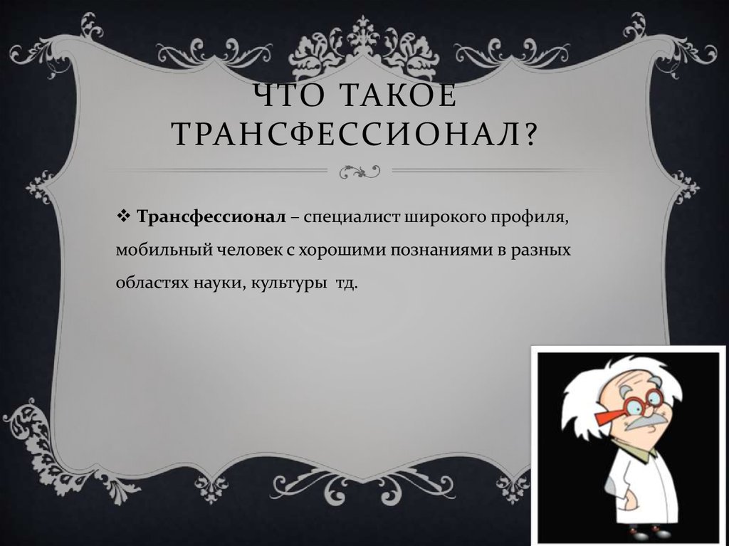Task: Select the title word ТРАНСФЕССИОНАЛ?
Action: coord(352,133)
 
